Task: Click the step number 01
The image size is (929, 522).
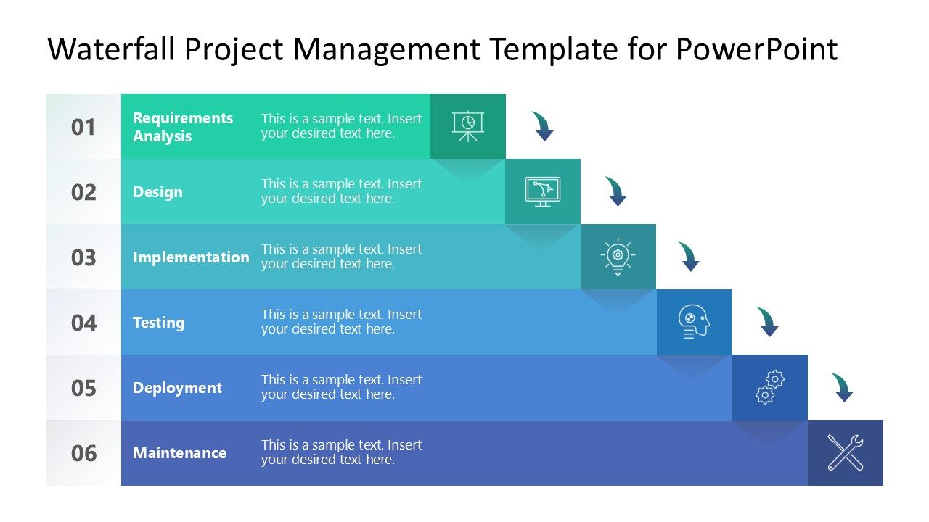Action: (x=83, y=127)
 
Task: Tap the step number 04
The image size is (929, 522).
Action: (x=83, y=323)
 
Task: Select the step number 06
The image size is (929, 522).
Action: (x=83, y=453)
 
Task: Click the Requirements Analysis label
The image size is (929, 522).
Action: (x=183, y=127)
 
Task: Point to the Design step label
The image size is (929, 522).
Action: (x=157, y=192)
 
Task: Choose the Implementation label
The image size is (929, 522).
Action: (x=191, y=257)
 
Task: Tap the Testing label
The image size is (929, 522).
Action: (x=158, y=323)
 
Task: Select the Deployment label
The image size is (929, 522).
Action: (x=177, y=388)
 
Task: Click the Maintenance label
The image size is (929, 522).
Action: (x=179, y=453)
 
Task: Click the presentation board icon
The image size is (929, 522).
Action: (x=468, y=125)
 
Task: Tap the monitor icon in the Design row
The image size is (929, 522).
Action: (x=543, y=191)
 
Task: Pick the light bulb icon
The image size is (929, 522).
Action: (x=618, y=257)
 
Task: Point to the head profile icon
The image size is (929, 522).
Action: (x=694, y=322)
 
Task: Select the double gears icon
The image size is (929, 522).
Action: (x=769, y=387)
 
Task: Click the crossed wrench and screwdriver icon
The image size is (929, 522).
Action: (x=846, y=452)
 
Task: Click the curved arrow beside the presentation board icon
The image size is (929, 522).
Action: (x=543, y=126)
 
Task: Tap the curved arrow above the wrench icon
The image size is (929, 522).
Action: (x=843, y=387)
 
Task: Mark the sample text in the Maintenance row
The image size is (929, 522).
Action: (x=341, y=452)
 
